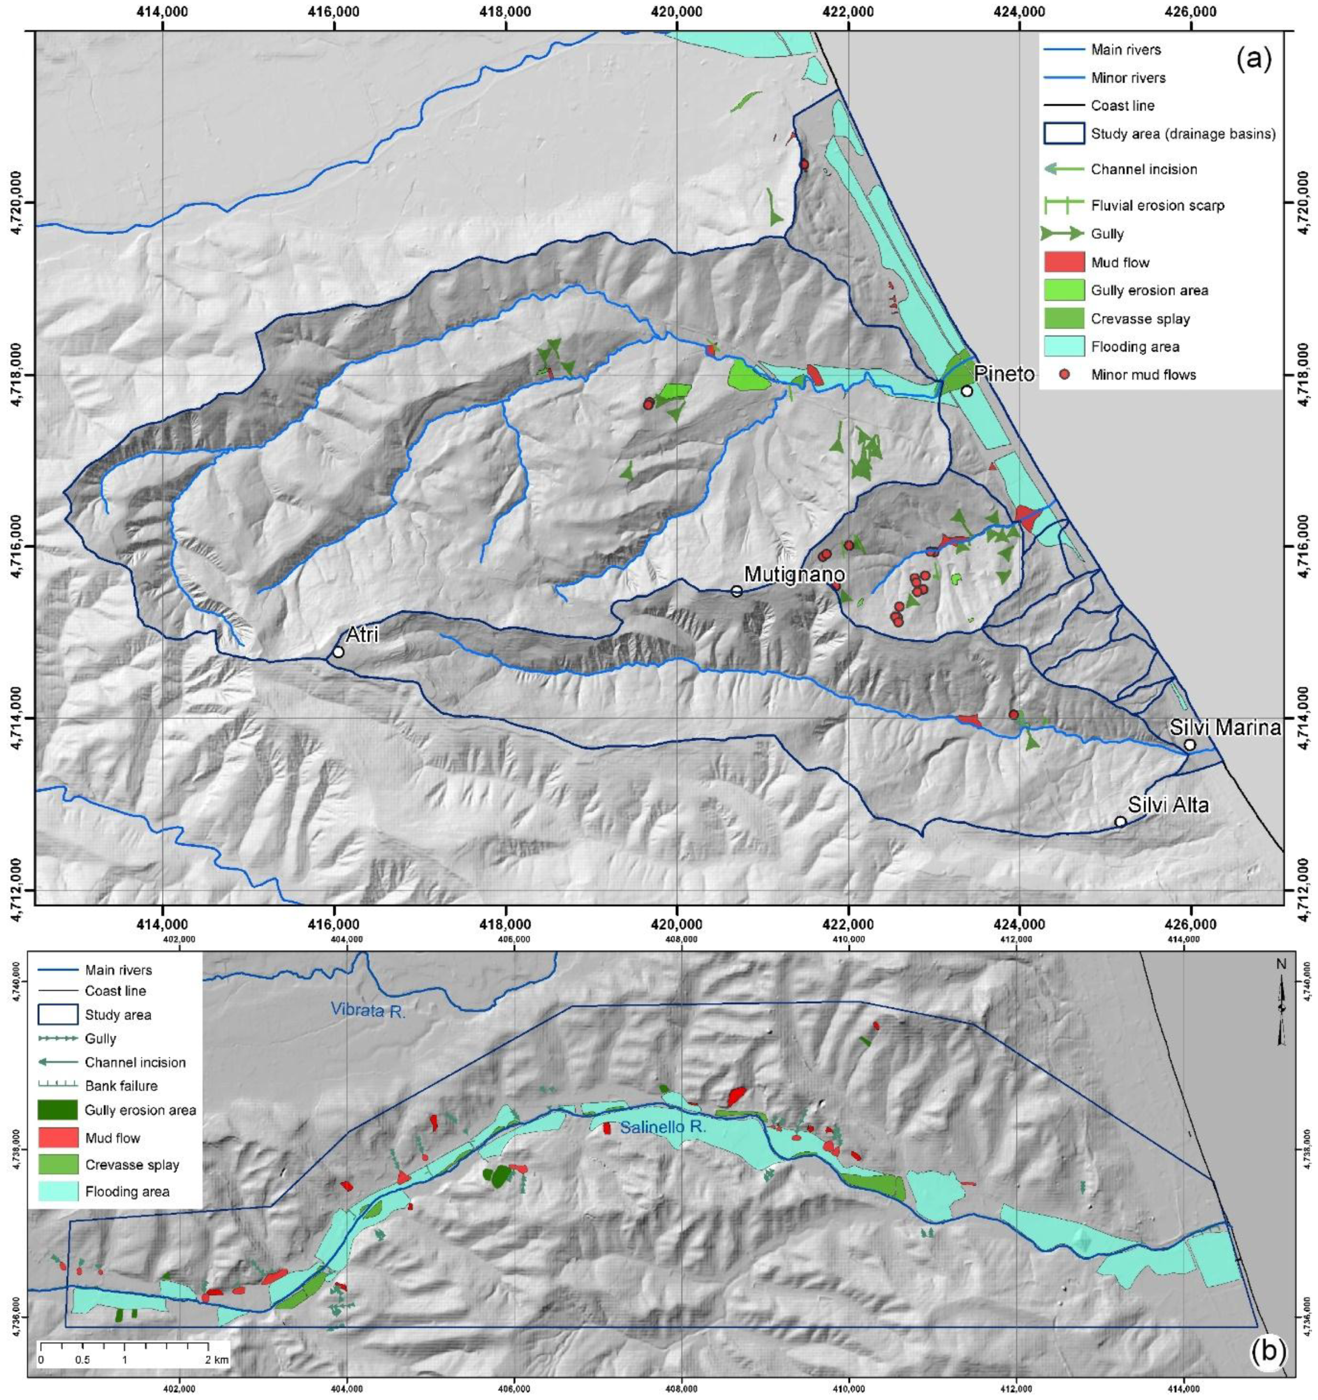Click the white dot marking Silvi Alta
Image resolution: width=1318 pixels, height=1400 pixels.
(x=1120, y=822)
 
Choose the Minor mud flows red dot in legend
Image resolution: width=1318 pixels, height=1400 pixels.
(x=1064, y=375)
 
